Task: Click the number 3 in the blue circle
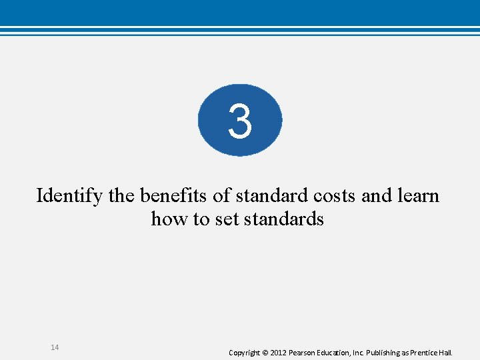(x=240, y=122)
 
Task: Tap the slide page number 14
(x=55, y=347)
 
